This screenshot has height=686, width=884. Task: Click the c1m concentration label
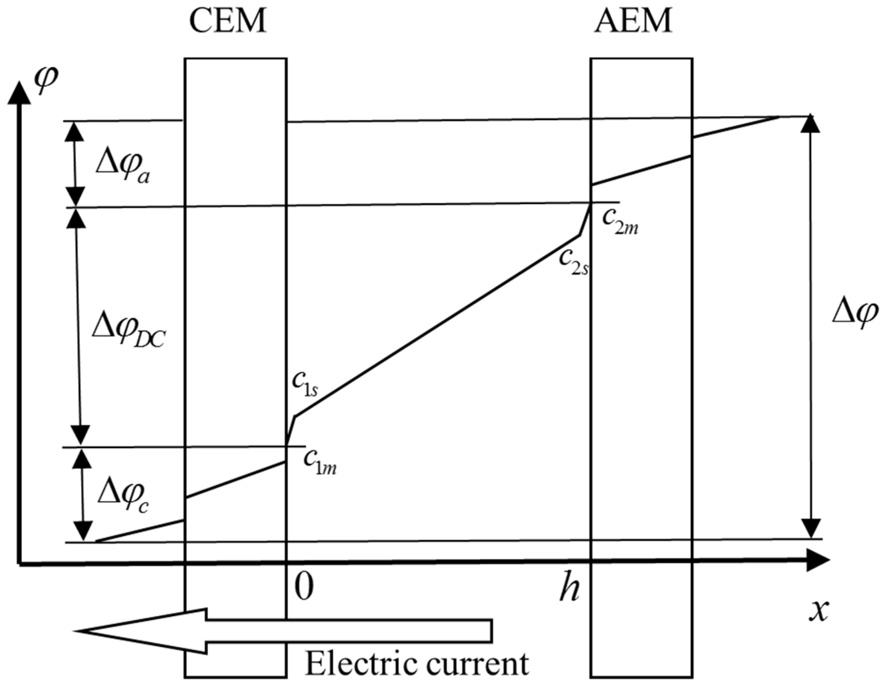coord(320,462)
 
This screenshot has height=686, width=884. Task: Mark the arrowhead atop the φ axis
coord(19,93)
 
